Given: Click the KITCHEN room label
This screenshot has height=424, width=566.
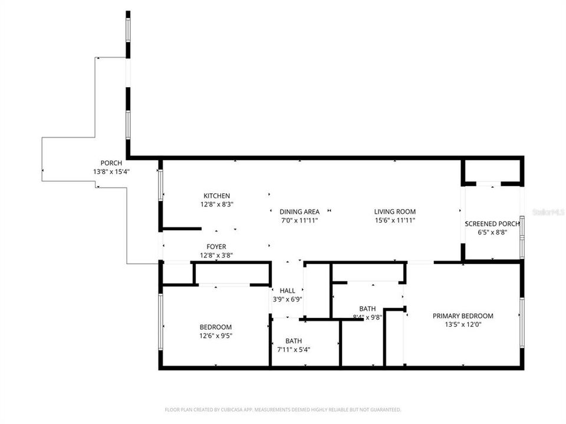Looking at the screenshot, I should (x=216, y=196).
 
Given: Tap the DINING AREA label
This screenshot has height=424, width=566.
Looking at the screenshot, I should (x=300, y=212).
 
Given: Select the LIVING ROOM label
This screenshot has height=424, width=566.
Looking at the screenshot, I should (x=395, y=212).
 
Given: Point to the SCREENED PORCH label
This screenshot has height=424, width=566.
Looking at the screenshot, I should (x=492, y=224).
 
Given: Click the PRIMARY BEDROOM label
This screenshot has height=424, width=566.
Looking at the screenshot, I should (x=463, y=316).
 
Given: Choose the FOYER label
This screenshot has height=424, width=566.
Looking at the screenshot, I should (x=216, y=247).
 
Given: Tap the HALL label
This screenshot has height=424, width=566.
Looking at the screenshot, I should (x=287, y=291).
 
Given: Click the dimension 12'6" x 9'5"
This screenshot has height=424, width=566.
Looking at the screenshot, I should (x=216, y=336).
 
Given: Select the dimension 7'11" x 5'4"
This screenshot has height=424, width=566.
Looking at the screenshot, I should (x=294, y=349).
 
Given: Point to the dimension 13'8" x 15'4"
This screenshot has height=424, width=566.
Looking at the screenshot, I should (x=111, y=172).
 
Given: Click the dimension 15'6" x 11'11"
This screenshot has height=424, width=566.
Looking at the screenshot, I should (x=395, y=221).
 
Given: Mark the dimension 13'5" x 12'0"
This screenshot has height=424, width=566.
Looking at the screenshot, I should (x=463, y=324).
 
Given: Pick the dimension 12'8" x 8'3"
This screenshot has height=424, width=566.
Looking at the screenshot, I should (x=216, y=205).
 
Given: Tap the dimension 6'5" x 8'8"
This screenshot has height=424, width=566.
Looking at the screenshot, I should (x=492, y=232).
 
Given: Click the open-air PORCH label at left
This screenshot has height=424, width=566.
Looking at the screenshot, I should (x=111, y=163).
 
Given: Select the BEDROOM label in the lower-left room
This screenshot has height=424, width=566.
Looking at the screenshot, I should (x=216, y=327).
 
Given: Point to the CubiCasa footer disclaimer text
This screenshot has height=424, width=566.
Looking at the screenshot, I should (x=283, y=409).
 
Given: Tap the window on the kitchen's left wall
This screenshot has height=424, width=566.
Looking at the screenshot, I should (x=160, y=185).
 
